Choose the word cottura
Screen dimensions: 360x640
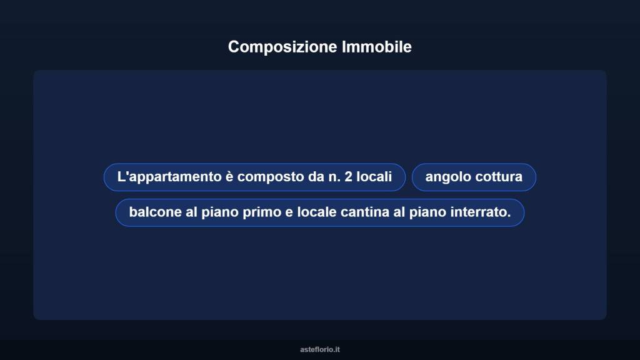tap(499, 177)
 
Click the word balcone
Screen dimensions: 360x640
tap(154, 212)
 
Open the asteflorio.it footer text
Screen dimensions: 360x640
tap(320, 349)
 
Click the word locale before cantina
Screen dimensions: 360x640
tap(317, 212)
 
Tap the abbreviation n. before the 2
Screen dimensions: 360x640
tap(334, 177)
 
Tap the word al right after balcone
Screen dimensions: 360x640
tap(191, 212)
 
